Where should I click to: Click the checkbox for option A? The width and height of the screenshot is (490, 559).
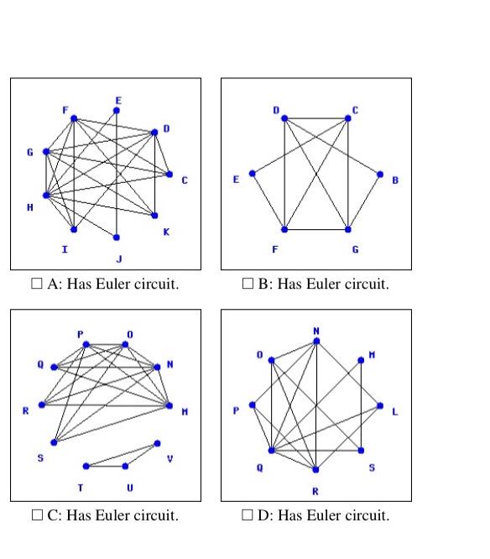(x=36, y=285)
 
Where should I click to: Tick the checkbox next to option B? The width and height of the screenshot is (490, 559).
(x=247, y=285)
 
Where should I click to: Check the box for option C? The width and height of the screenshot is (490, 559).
(x=36, y=515)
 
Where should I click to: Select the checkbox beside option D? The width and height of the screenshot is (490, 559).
(x=247, y=515)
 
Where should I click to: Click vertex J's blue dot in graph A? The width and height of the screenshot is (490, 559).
(x=117, y=238)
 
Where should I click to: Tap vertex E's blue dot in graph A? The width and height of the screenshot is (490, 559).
(x=117, y=110)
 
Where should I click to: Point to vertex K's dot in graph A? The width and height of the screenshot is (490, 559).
(x=155, y=216)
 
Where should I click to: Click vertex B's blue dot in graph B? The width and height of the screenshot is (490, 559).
(x=380, y=175)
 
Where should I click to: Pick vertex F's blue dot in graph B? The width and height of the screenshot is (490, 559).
(x=284, y=229)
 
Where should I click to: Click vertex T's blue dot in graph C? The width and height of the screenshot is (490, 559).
(x=86, y=466)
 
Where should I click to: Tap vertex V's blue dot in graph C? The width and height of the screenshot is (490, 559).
(x=157, y=443)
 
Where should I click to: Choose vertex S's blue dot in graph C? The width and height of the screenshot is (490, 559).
(x=54, y=442)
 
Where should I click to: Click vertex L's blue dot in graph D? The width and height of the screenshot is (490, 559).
(x=380, y=406)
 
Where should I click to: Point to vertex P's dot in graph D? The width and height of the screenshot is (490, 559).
(x=253, y=405)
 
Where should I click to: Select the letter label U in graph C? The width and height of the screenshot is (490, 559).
(x=129, y=488)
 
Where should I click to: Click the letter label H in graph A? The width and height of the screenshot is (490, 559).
(x=31, y=207)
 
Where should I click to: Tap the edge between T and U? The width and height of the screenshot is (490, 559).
(x=106, y=466)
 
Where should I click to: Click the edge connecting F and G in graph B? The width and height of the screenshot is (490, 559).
(x=316, y=229)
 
